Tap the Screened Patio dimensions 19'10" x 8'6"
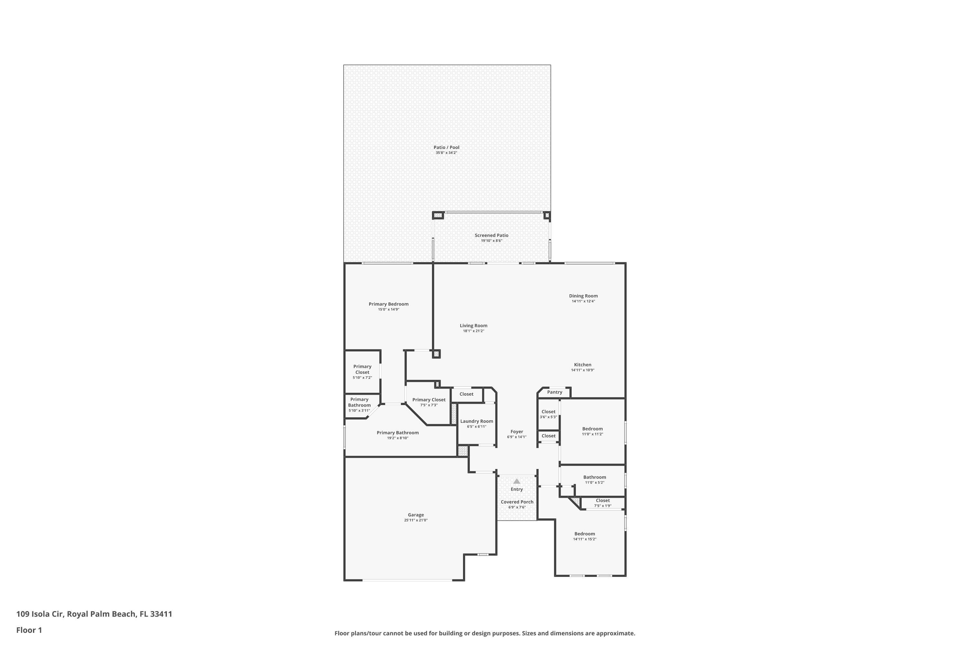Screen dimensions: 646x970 pos(491,241)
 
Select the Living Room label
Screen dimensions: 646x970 pos(473,326)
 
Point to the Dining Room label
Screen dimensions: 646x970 pos(583,296)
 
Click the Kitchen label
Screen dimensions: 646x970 pos(582,365)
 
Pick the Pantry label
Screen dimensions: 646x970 pos(554,392)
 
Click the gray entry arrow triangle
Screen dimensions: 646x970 pos(516,481)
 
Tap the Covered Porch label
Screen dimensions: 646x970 pos(517,502)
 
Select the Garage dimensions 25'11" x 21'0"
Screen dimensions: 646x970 pos(416,520)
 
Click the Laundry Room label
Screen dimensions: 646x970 pos(476,421)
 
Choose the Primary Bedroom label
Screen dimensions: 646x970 pos(389,304)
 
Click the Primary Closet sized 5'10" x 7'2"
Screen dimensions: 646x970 pos(362,370)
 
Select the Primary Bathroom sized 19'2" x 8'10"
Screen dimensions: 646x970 pos(398,432)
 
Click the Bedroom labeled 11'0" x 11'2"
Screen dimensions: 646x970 pos(592,429)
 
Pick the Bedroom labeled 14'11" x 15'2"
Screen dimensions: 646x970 pos(584,534)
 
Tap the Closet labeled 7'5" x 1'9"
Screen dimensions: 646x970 pos(603,501)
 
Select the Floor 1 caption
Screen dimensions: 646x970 pos(29,630)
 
